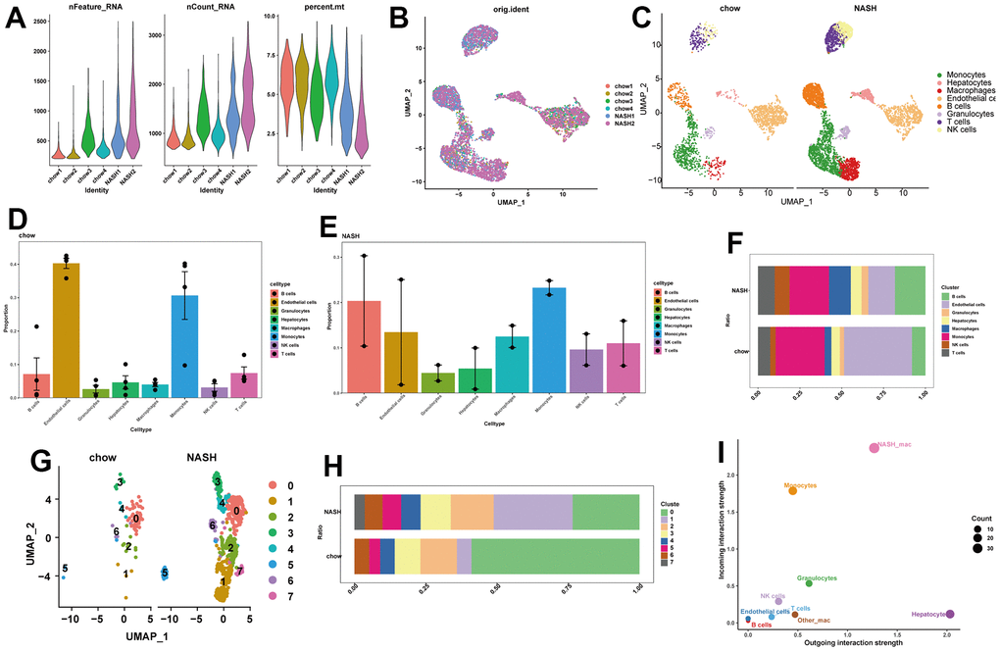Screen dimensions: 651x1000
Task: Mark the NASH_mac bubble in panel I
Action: click(x=874, y=448)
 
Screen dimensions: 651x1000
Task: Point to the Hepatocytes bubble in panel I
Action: click(x=949, y=614)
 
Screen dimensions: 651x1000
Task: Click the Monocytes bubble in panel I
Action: click(x=792, y=490)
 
